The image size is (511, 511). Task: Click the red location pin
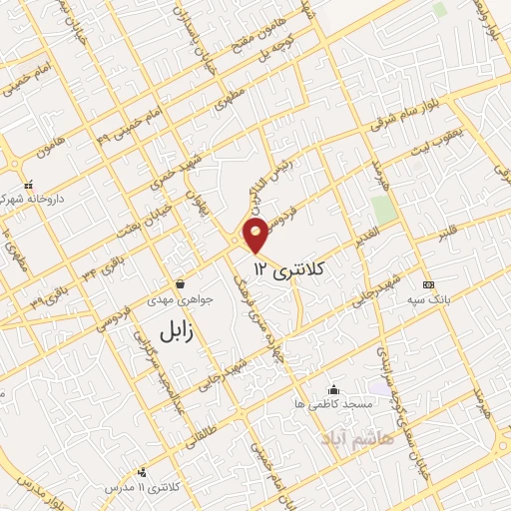coord(257,236)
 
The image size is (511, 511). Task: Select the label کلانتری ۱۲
coord(289,267)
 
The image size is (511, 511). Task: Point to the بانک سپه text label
coord(436,298)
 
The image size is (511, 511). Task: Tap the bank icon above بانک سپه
coord(428,283)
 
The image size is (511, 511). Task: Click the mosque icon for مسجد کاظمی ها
coord(333,389)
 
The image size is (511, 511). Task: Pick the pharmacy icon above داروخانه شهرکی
coord(30,184)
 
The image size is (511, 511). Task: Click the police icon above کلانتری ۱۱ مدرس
coord(141,471)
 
